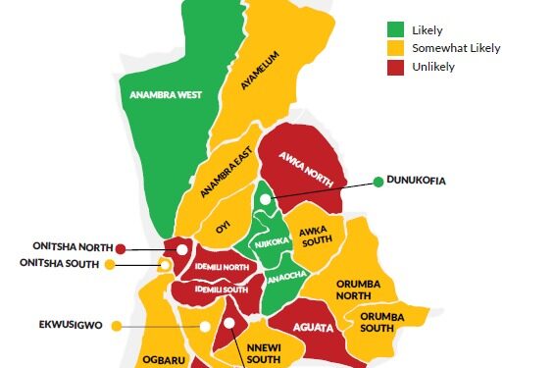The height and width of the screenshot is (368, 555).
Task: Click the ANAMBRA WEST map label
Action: tap(167, 95)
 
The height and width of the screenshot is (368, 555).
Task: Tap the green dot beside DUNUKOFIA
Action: tap(378, 181)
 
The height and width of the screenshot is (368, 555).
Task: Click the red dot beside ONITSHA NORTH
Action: tap(122, 248)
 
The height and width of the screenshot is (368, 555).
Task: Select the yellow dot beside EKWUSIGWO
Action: tap(117, 326)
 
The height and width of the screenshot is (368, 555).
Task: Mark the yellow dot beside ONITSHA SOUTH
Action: tap(110, 264)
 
